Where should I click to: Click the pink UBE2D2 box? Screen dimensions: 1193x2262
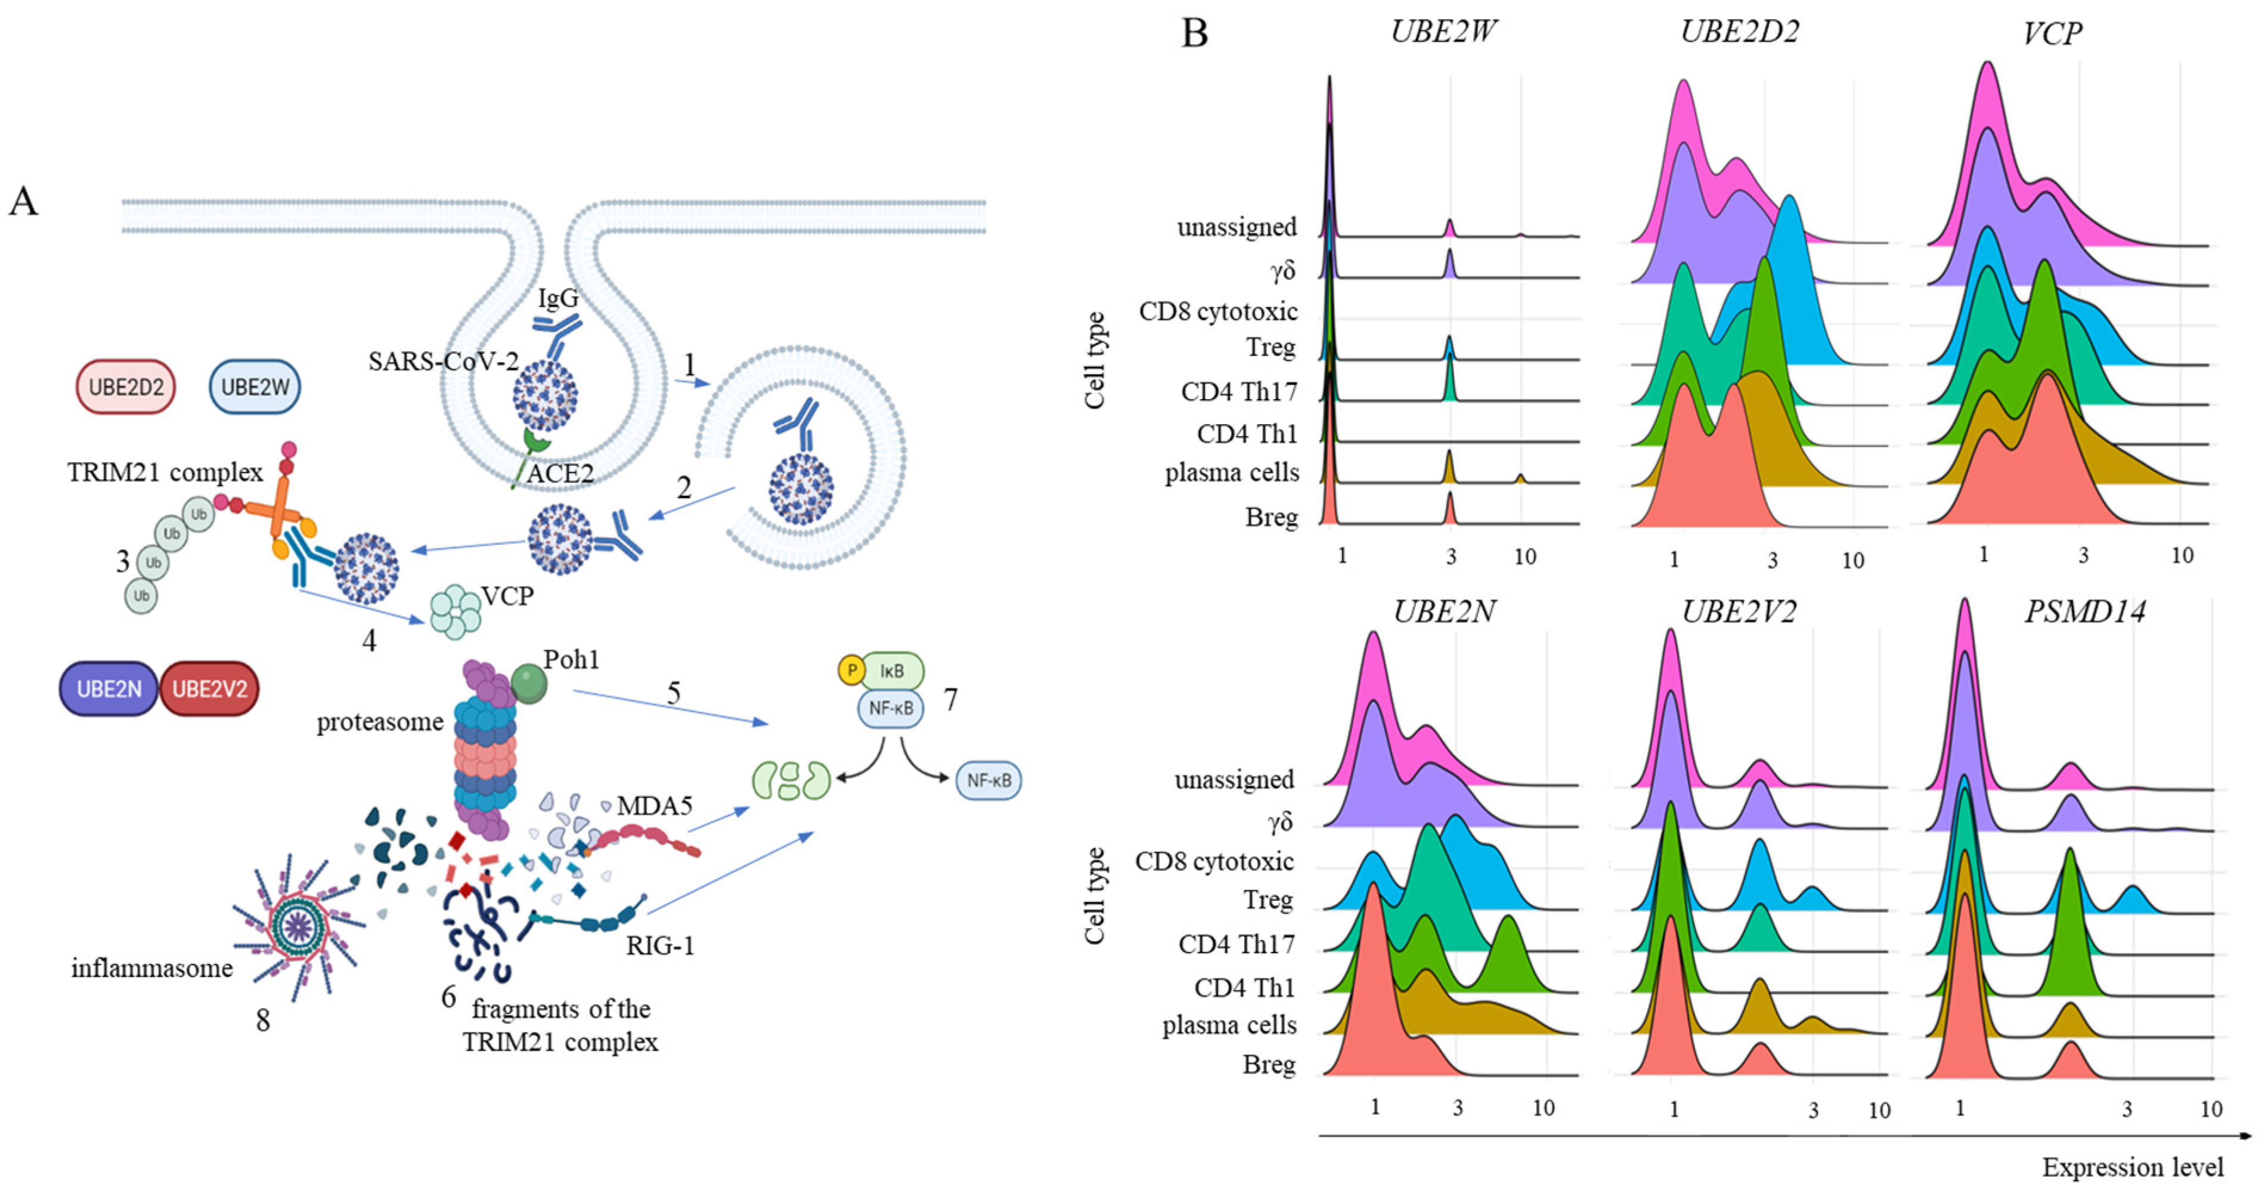pyautogui.click(x=126, y=387)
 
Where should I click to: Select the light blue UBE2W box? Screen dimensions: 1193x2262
pyautogui.click(x=255, y=387)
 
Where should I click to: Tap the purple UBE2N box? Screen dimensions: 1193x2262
pyautogui.click(x=108, y=689)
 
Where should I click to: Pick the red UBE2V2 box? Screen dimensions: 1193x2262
pyautogui.click(x=209, y=689)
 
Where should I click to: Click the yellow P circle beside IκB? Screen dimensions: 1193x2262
pyautogui.click(x=851, y=670)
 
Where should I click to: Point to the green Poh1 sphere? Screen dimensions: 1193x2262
pyautogui.click(x=529, y=684)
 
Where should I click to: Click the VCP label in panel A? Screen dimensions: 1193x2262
pyautogui.click(x=507, y=596)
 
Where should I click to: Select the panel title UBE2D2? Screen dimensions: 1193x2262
pyautogui.click(x=1739, y=32)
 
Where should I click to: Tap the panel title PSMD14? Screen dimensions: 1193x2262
pyautogui.click(x=2084, y=611)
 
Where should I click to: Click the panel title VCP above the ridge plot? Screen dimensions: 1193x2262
pyautogui.click(x=2052, y=33)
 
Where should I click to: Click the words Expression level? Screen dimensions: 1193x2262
pyautogui.click(x=2133, y=1167)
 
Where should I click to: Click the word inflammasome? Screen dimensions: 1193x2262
pyautogui.click(x=152, y=968)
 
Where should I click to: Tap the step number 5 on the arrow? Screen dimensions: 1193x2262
pyautogui.click(x=674, y=693)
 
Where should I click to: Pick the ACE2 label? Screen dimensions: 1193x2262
pyautogui.click(x=560, y=474)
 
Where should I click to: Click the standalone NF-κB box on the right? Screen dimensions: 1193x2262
pyautogui.click(x=988, y=780)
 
